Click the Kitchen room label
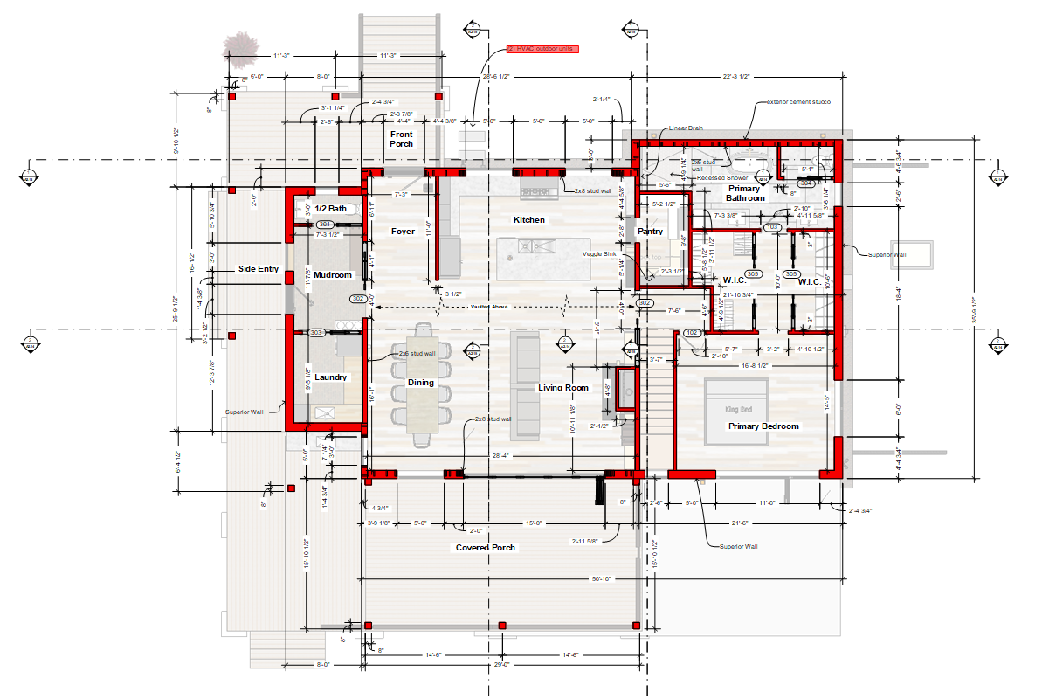pos(529,220)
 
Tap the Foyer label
pos(403,232)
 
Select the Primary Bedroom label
pos(764,426)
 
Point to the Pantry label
pos(650,232)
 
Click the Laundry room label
pos(331,377)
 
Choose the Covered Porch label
pos(486,548)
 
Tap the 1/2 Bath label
pos(331,208)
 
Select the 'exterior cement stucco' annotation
pos(798,102)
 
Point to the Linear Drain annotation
pos(686,128)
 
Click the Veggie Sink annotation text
pos(600,254)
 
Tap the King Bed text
pos(738,409)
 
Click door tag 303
pos(316,333)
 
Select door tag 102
pos(693,333)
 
